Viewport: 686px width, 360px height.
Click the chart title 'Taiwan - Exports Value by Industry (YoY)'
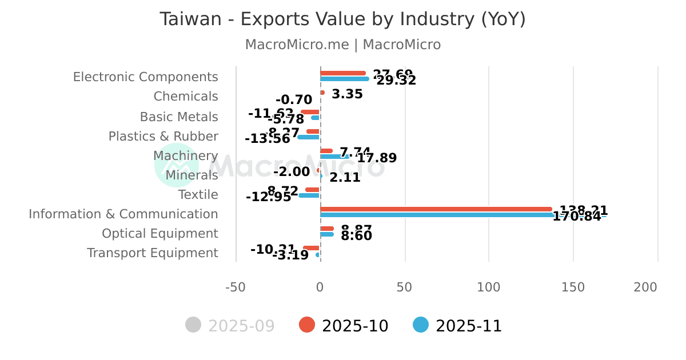coord(342,19)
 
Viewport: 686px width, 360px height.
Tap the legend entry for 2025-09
coord(230,326)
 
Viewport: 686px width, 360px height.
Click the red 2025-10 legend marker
coord(307,325)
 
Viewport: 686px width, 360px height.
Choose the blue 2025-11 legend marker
coord(421,325)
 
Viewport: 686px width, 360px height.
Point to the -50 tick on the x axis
coord(236,287)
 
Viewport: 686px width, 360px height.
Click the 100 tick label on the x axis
coord(489,287)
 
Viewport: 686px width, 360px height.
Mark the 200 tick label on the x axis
coord(645,287)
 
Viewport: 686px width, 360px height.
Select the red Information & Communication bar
coord(436,209)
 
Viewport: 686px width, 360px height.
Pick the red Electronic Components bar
coord(343,73)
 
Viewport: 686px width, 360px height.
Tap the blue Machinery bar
coord(334,156)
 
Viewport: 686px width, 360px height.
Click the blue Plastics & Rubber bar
coord(309,137)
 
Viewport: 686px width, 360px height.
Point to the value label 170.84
coord(577,217)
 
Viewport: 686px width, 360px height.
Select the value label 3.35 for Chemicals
coord(347,94)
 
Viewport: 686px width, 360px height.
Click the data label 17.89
coord(377,158)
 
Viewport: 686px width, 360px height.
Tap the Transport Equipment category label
coord(153,253)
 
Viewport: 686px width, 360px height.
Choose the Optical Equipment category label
coord(160,234)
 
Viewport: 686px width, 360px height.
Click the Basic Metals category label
coord(179,117)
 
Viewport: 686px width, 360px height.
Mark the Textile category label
coord(198,195)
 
